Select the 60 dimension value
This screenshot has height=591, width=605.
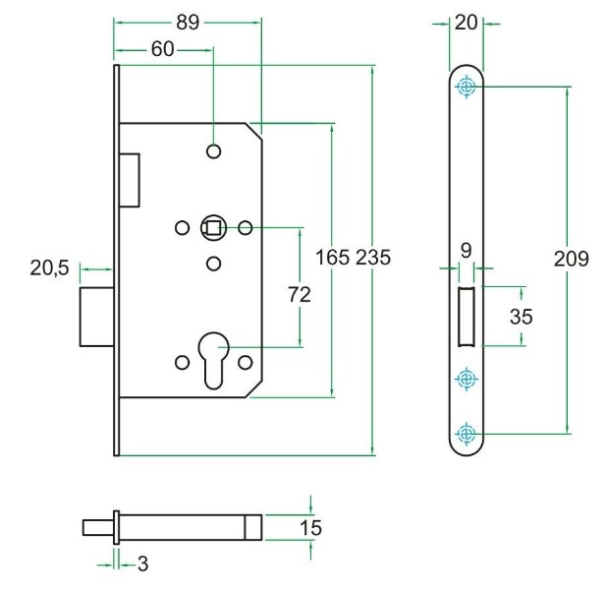pos(163,49)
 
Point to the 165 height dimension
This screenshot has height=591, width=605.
pos(332,258)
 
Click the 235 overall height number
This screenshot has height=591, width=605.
pos(373,258)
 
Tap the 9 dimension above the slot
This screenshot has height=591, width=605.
pos(467,250)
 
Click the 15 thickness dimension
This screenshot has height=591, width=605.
pos(309,528)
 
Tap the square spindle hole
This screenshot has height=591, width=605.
pos(213,228)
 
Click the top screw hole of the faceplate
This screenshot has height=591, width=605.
pos(467,88)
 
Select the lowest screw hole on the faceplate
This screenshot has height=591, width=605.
pos(467,433)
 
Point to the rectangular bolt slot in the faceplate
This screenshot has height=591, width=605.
pos(467,317)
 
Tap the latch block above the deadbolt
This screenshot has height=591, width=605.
pos(130,179)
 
